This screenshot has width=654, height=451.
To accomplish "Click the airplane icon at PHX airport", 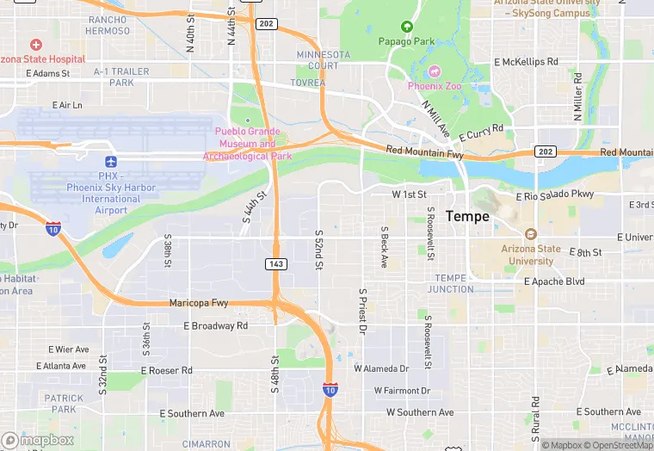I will [110, 162].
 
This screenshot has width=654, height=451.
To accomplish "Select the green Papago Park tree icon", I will [407, 27].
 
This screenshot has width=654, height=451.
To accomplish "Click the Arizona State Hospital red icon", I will [35, 44].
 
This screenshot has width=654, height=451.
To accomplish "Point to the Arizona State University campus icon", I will [530, 234].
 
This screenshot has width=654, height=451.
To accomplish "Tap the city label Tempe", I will [467, 217].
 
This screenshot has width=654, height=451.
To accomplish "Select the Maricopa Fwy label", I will [199, 302].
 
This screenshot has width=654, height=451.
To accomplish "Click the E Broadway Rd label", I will [215, 326].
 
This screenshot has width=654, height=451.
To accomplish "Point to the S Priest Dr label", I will [362, 312].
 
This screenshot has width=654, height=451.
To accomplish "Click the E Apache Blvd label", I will [554, 281].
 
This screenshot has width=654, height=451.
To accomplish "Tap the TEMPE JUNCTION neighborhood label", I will [452, 283].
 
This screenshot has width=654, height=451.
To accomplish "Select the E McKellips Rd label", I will [527, 62].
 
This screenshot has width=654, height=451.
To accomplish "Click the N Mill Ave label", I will [435, 118].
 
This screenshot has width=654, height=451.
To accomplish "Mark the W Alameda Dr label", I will [381, 368].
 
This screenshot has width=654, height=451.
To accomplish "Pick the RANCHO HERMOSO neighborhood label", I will [108, 25].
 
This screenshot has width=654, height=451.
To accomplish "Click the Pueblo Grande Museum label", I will [247, 144].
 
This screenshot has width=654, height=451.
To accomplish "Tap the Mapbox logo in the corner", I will [37, 440].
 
